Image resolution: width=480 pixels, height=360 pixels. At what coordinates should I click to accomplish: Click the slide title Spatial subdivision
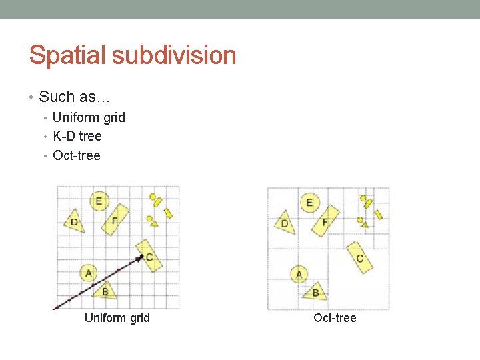click(x=133, y=55)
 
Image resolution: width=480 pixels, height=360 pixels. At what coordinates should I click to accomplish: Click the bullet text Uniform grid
click(x=89, y=117)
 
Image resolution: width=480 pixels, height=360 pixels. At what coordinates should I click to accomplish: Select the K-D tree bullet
click(x=77, y=136)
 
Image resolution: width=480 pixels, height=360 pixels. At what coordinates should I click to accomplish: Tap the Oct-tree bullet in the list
click(x=77, y=155)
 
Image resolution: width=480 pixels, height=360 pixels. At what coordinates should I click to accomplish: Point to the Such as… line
click(x=74, y=97)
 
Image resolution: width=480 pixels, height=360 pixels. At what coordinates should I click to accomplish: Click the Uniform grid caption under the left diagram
click(x=117, y=318)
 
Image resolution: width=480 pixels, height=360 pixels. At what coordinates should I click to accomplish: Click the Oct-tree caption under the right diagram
click(x=335, y=318)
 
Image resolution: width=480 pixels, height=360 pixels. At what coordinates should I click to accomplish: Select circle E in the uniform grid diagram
click(x=99, y=200)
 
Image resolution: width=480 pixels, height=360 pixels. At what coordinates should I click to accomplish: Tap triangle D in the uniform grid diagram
click(x=75, y=221)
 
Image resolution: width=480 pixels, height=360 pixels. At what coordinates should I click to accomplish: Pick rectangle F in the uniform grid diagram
click(x=114, y=219)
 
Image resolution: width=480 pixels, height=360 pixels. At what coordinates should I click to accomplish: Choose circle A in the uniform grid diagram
click(x=88, y=272)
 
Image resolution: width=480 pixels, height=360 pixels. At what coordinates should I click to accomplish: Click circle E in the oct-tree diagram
click(x=309, y=202)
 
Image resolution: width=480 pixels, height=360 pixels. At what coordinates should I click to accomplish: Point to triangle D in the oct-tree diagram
click(x=285, y=223)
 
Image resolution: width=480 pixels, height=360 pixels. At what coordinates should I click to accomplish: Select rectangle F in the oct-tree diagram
click(x=325, y=221)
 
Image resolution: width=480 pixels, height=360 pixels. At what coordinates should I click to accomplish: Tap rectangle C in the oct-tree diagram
click(x=360, y=257)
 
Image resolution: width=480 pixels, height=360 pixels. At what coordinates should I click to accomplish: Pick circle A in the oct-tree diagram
click(x=299, y=273)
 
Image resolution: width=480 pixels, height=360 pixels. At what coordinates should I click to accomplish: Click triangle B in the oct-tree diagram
click(x=315, y=291)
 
